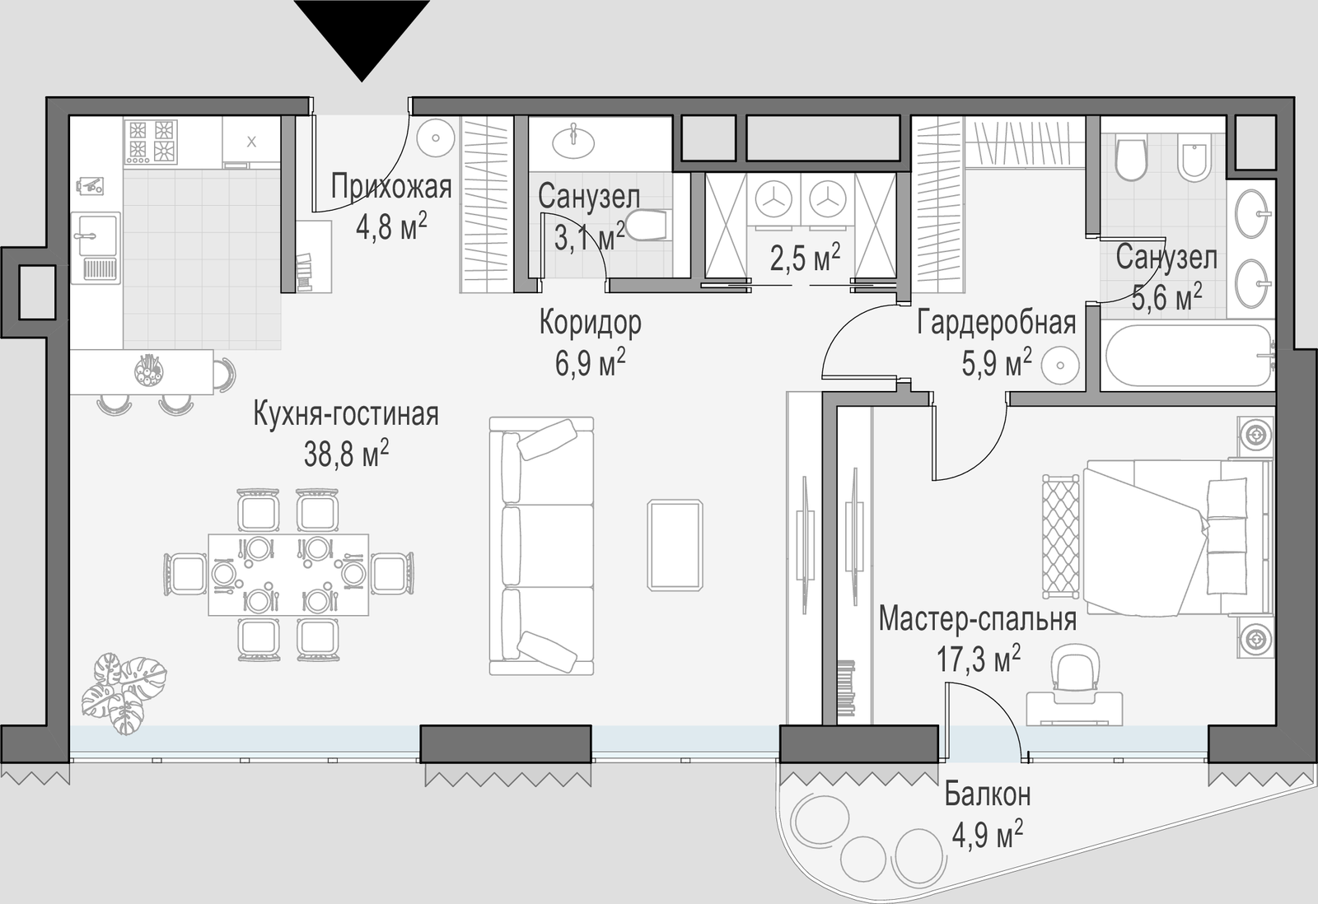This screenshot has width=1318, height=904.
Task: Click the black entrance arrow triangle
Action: (x=362, y=35)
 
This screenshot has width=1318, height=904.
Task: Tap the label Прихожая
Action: (x=391, y=187)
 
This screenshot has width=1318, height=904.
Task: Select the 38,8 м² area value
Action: (x=346, y=454)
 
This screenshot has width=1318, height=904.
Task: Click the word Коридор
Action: (x=590, y=324)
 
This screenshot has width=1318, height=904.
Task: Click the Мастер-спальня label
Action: (x=978, y=620)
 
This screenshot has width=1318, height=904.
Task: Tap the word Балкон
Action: (x=988, y=795)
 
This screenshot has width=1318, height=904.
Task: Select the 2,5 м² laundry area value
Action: (x=805, y=259)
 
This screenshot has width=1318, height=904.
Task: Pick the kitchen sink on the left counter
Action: (x=96, y=248)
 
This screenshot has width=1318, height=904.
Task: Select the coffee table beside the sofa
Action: (x=675, y=545)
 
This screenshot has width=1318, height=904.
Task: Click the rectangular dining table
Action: (x=288, y=575)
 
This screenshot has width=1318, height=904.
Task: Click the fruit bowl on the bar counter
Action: (x=150, y=370)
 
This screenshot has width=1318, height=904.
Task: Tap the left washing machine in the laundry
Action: (x=774, y=198)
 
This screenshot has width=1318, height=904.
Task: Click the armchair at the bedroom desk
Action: (x=1074, y=669)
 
